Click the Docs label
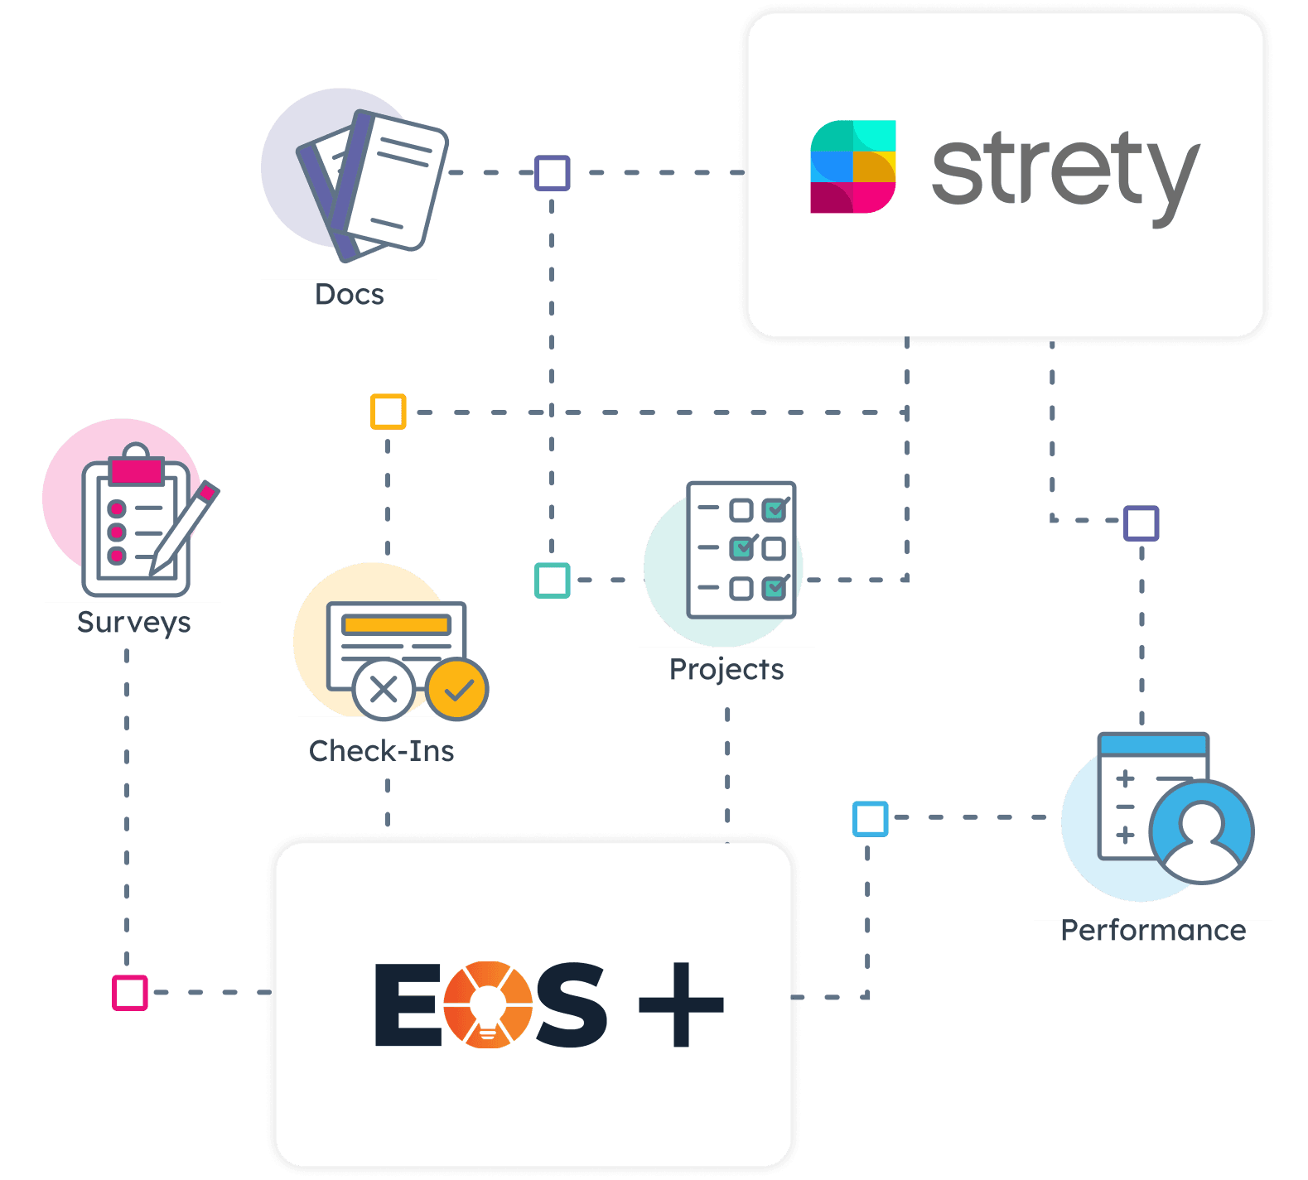[349, 296]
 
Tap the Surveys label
[133, 623]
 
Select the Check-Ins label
[382, 751]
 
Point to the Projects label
[726, 669]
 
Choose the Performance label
[1153, 932]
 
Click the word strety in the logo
[1065, 171]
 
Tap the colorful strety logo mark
[852, 166]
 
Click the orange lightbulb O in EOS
[487, 1004]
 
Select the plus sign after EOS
[681, 1004]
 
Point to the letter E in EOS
[407, 1004]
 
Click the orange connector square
[388, 412]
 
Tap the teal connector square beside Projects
[552, 580]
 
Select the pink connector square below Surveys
[130, 992]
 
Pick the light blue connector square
[870, 818]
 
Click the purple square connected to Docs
[552, 173]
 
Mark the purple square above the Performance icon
[1141, 523]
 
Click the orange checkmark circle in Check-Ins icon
[457, 689]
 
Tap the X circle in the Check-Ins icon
[384, 689]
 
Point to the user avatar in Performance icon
[1201, 831]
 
